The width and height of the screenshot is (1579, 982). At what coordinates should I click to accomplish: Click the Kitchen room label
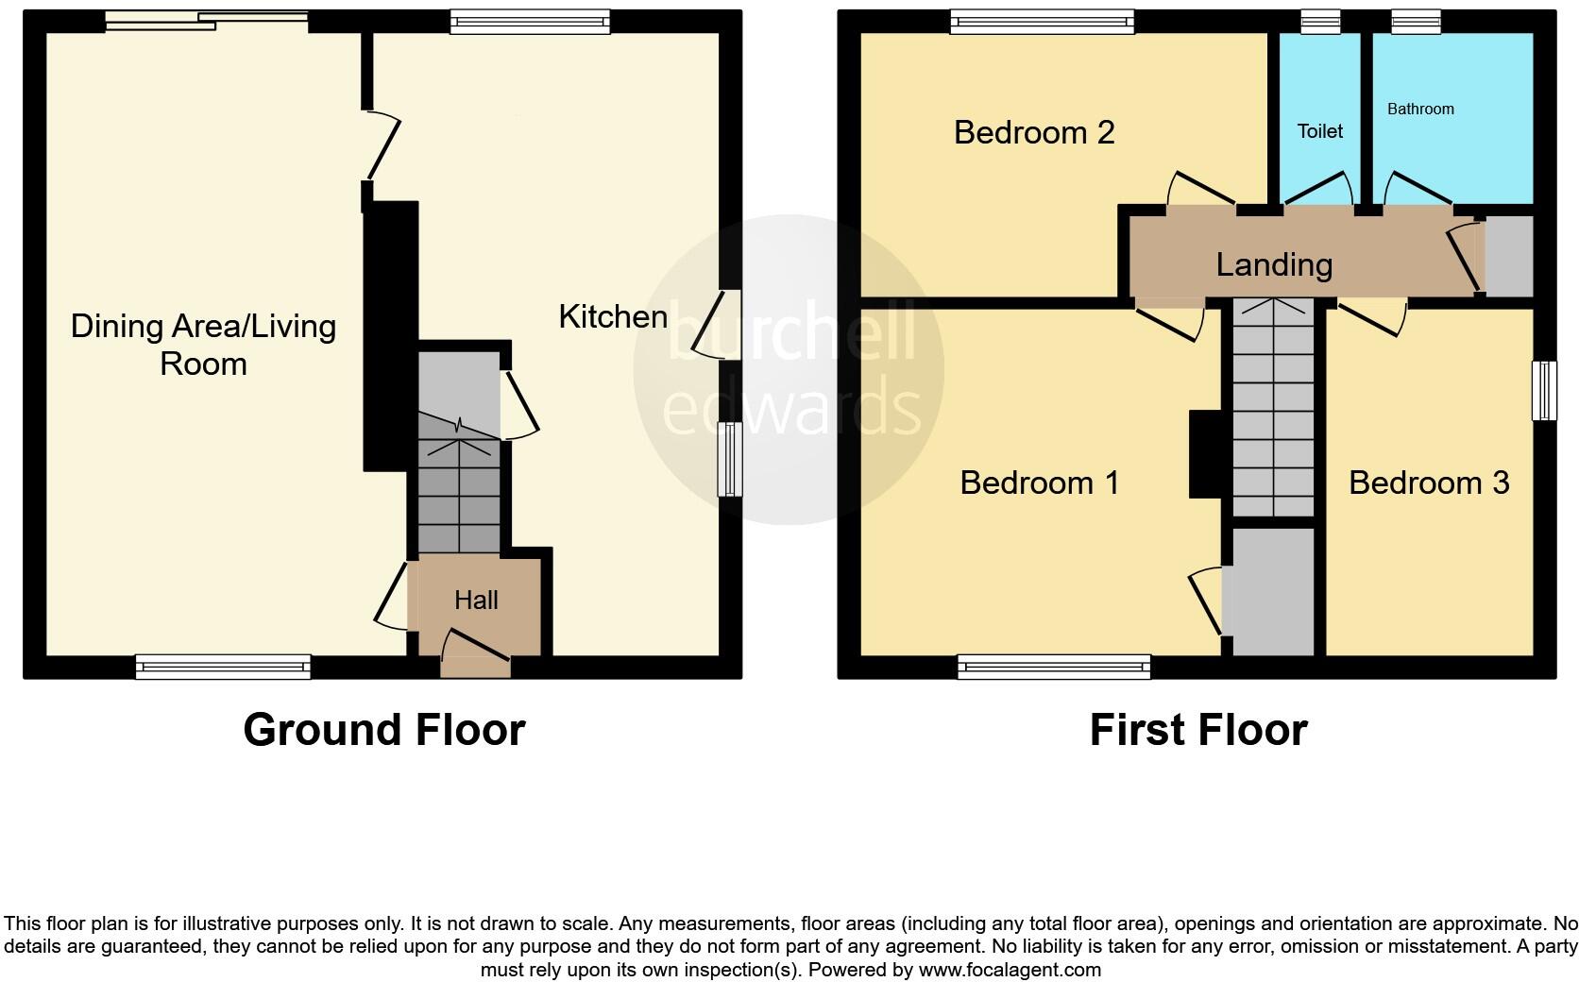tap(613, 316)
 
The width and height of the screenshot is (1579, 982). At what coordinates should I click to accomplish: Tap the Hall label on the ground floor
tap(476, 601)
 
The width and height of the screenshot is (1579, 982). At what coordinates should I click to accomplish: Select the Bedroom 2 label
tap(1034, 132)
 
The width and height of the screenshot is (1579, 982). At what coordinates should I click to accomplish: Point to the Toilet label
tap(1319, 131)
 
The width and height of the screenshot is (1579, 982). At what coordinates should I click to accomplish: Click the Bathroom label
tap(1420, 110)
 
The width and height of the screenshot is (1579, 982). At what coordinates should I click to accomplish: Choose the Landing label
tap(1274, 264)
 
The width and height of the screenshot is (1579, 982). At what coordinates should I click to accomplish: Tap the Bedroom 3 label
tap(1429, 483)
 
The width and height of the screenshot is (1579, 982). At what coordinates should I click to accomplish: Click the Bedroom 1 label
tap(1040, 483)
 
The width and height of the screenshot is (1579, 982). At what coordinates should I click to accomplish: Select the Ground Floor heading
tap(383, 730)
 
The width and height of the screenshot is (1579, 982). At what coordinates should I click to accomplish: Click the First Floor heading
tap(1197, 730)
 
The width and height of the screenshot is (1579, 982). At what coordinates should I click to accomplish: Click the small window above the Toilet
tap(1320, 21)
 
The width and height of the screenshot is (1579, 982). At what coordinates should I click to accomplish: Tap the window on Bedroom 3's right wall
tap(1544, 390)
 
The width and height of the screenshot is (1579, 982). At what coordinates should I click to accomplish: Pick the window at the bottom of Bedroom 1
tap(1054, 668)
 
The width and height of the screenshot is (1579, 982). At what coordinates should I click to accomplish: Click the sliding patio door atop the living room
tap(207, 21)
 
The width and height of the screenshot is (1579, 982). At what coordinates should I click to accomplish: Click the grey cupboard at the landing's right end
tap(1509, 256)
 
